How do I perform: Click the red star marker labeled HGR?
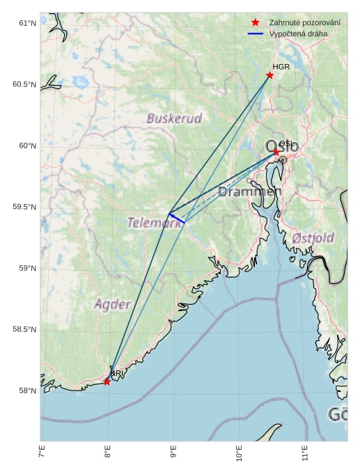coord(270,75)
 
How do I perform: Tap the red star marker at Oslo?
coord(276,152)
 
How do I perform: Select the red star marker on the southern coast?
coord(107,381)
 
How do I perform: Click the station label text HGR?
coord(281,67)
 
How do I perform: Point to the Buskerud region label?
coord(174,118)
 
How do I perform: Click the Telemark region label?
coord(155,223)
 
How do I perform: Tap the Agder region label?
coord(112,304)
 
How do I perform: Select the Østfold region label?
coord(313,237)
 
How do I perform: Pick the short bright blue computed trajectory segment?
coord(177,219)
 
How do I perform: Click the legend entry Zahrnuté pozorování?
coord(304,23)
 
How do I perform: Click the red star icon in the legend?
coord(256,23)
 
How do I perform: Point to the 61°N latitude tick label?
coord(26,24)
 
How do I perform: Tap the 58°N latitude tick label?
coord(26,391)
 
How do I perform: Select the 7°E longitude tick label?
coord(42,456)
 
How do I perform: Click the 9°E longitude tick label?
coord(173,456)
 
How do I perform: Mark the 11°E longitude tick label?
coord(305,456)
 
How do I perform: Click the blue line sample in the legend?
coord(256,33)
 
